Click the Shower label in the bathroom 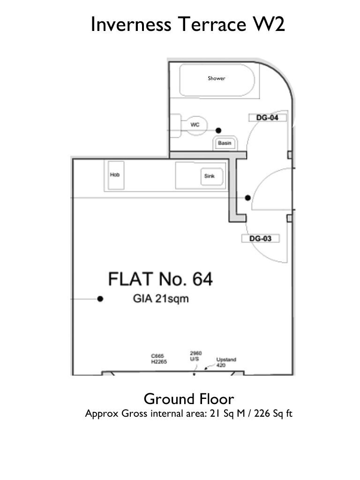tap(217, 78)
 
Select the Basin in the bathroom tap(225, 143)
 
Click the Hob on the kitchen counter tap(116, 175)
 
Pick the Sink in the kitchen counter tap(211, 177)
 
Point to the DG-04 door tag tap(267, 118)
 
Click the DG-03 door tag tap(261, 239)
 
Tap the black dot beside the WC tap(218, 131)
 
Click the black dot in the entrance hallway tap(248, 198)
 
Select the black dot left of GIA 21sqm tap(100, 299)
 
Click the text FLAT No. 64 tap(160, 279)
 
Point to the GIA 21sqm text tap(161, 299)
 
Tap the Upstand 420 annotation tap(226, 362)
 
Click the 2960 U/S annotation tap(195, 356)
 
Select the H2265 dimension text tap(159, 362)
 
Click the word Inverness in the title tap(131, 24)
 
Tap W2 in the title tap(269, 24)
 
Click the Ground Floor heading tap(189, 399)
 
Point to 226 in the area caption tap(262, 413)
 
